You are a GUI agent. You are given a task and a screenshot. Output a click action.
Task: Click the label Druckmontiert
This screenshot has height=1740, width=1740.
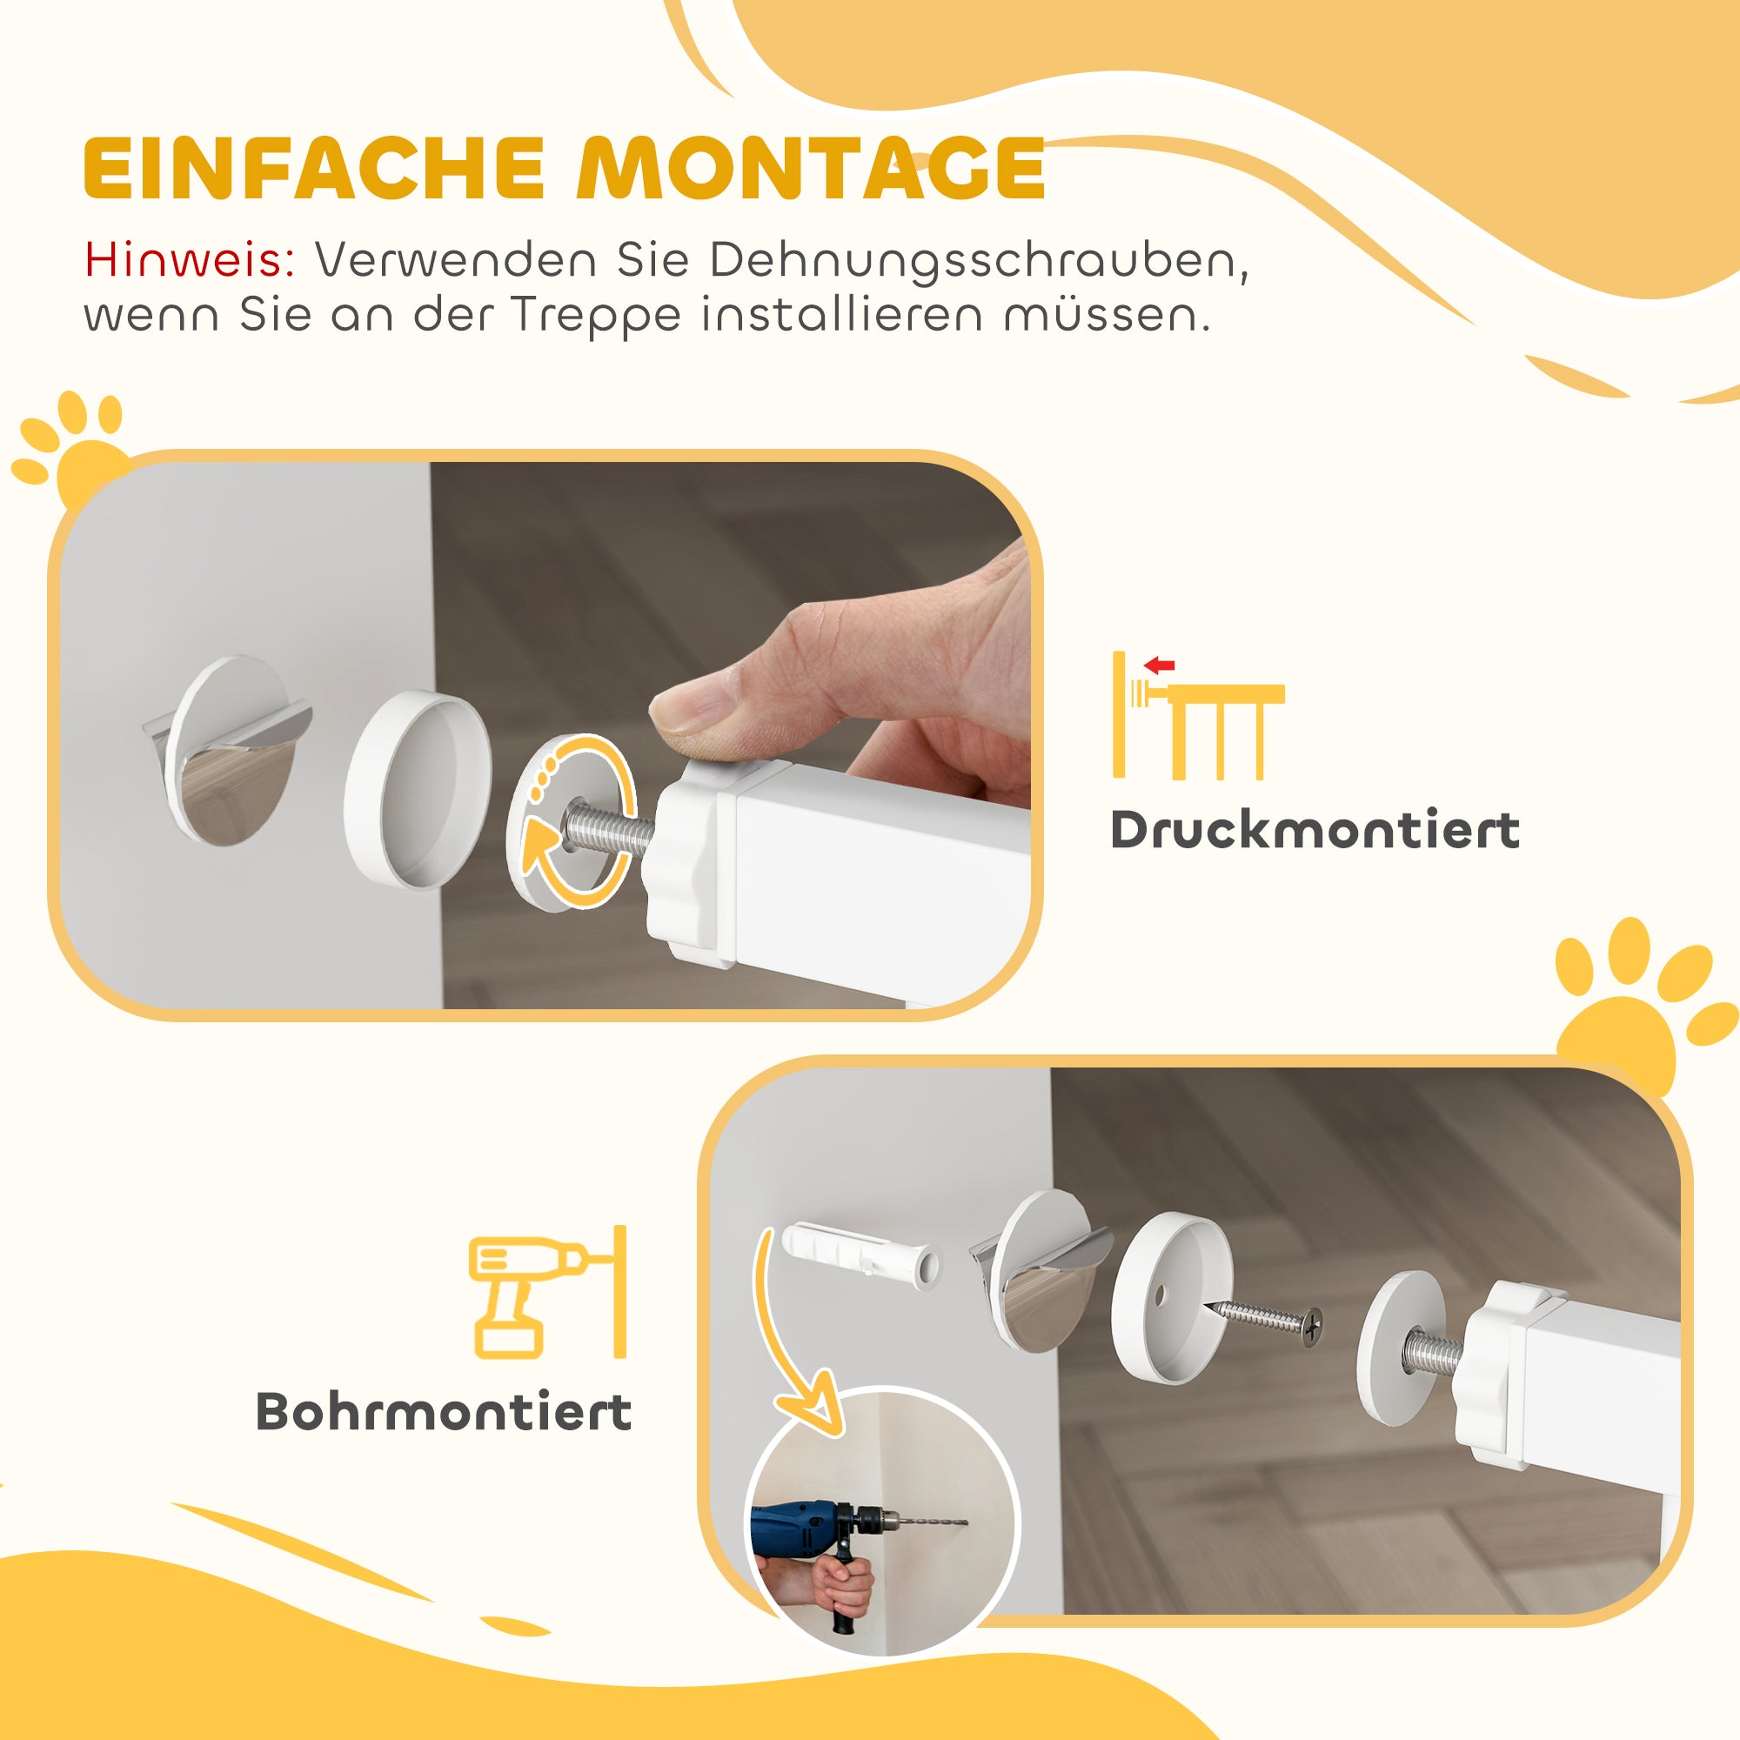click(1314, 830)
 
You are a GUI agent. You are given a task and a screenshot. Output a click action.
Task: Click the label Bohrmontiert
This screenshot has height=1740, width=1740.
click(444, 1412)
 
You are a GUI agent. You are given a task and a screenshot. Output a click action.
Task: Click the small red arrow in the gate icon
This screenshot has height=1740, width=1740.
click(1160, 666)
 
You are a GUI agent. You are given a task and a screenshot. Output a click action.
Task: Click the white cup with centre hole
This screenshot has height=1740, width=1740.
click(1171, 1297)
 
